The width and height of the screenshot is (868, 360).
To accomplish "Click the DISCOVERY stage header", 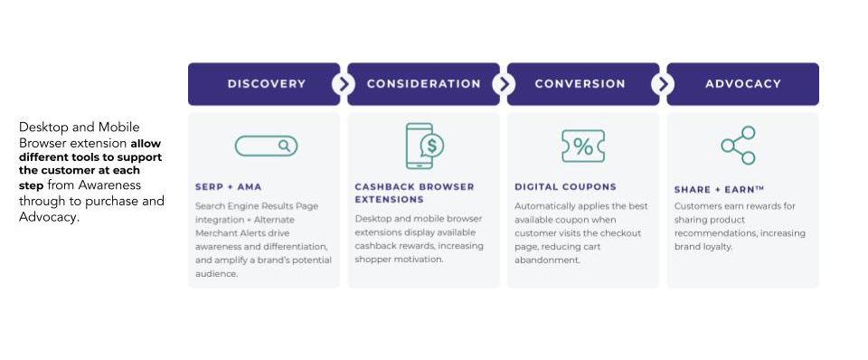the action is point(264,83).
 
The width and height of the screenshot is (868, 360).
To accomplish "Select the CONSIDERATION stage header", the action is point(423,83).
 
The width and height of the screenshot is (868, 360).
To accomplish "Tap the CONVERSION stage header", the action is point(583,83).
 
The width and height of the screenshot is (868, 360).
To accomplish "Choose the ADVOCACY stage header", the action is point(743,83).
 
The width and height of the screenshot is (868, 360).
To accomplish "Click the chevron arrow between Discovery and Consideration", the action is point(344,84).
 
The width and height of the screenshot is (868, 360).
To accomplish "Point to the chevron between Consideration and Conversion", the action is point(504,84).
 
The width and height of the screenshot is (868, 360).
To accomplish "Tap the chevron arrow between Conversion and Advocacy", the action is point(663,84).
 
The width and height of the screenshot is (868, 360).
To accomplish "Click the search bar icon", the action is point(266,146).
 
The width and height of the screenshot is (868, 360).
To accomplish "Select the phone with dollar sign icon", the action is point(425,146).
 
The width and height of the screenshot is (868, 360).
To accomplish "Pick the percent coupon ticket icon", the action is point(583,147).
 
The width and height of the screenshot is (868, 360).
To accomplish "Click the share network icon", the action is point(739,145).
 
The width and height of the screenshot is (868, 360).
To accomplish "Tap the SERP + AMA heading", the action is point(228,187).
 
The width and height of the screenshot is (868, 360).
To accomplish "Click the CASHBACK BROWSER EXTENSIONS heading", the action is point(415,193).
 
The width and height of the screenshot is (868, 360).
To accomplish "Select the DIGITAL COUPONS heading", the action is point(565,187).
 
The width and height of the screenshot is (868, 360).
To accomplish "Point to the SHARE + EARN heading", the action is point(719,189).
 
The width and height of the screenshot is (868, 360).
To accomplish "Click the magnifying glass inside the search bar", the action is point(285,146).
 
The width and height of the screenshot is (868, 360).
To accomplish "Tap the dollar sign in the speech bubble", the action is point(432,146).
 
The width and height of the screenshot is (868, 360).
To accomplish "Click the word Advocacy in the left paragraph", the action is point(48,217).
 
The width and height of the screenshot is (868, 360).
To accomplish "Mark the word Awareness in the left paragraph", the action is point(109,185).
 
